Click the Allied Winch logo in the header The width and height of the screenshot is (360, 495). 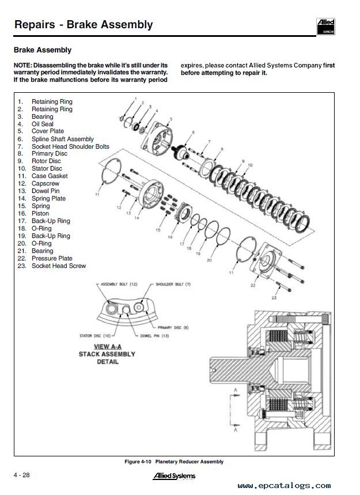pos(326,25)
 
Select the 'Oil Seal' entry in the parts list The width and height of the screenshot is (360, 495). pos(43,124)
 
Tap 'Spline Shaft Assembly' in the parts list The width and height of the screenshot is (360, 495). pos(62,139)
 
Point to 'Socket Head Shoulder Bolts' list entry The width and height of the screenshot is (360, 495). pos(70,146)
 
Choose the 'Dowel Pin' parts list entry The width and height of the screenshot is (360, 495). pos(45,191)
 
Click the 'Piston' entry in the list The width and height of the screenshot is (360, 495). pos(40,213)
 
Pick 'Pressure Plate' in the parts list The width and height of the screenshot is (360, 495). pos(52,258)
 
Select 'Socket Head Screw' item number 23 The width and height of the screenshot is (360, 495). pos(58,266)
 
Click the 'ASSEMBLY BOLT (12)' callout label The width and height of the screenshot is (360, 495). pos(120,285)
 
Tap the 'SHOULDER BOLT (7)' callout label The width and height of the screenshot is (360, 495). pos(173,285)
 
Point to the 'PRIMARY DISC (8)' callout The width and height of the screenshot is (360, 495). pos(176,326)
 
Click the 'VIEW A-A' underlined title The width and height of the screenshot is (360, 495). pos(107,346)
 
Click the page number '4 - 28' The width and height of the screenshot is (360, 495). pos(22,474)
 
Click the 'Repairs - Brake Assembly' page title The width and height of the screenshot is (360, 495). pos(84,24)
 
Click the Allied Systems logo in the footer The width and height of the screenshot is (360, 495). pos(173,476)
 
